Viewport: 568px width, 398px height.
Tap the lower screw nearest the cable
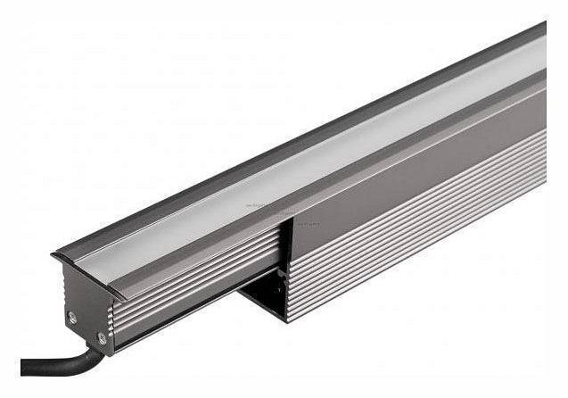101,337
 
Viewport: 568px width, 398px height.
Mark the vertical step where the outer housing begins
288,259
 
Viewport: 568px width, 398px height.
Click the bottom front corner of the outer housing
289,319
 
